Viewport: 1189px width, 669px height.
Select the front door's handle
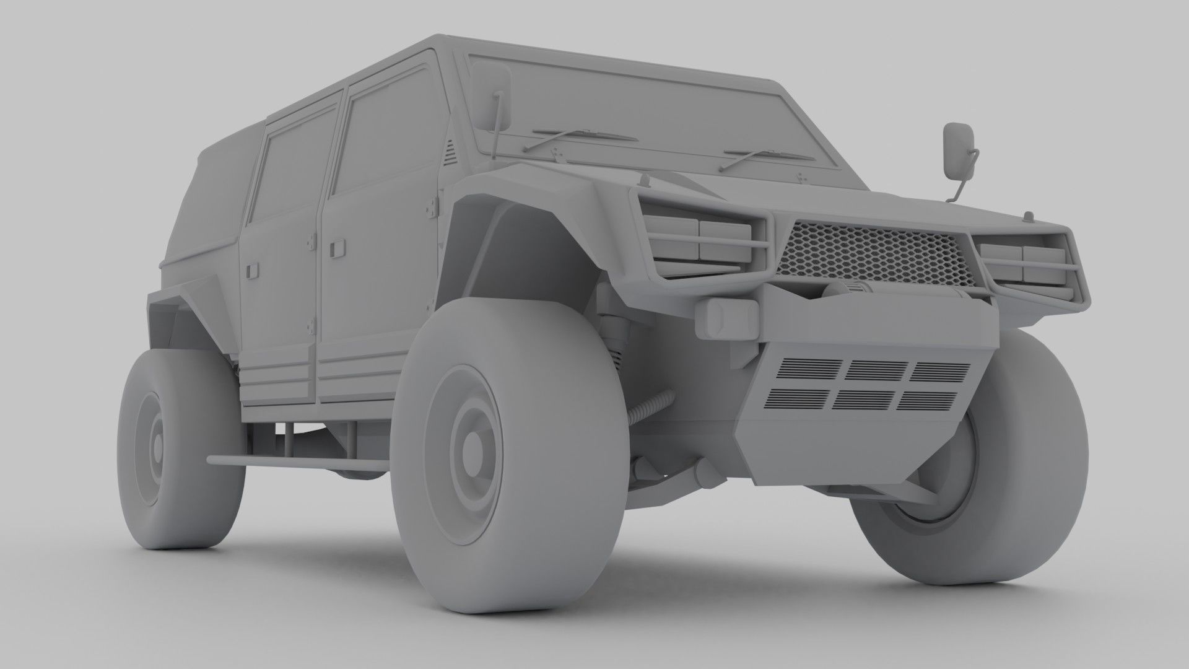click(x=338, y=248)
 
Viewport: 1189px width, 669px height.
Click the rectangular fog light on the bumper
click(x=726, y=317)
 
